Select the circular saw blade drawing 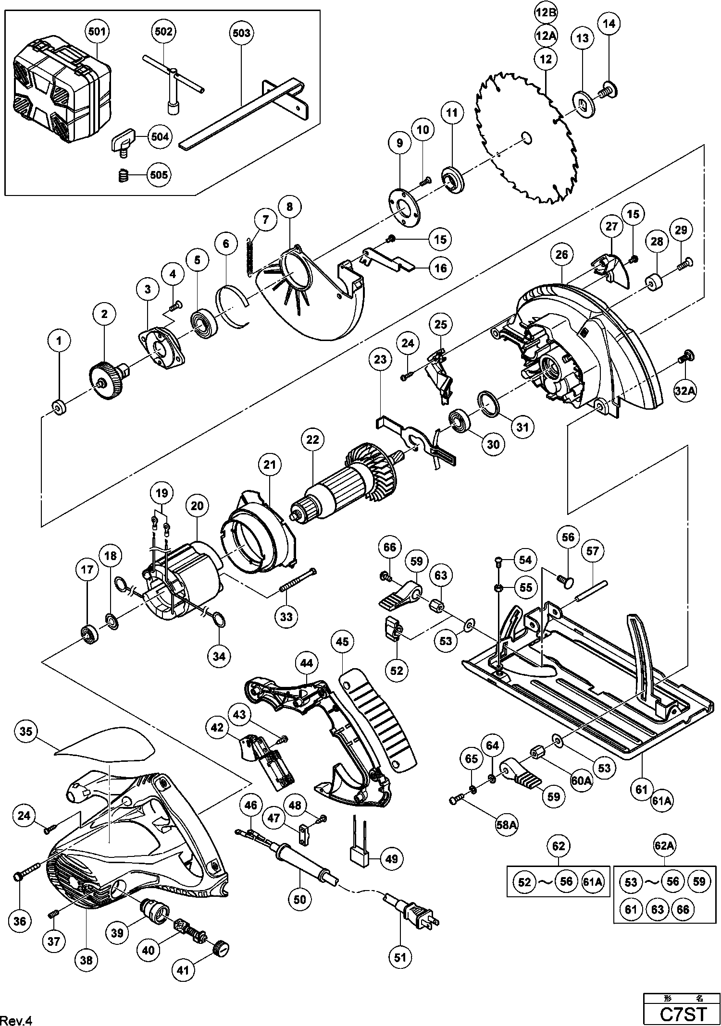[x=524, y=139]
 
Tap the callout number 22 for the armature [x=313, y=440]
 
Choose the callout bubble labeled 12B [x=546, y=13]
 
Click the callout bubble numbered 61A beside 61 [x=661, y=801]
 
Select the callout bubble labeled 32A [x=685, y=391]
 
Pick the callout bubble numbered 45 [x=342, y=642]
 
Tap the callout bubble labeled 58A [x=507, y=825]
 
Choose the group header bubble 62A [x=663, y=845]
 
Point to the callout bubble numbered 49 [x=392, y=858]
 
